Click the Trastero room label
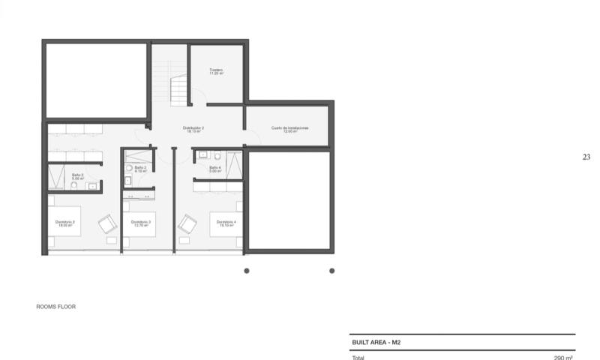(217, 70)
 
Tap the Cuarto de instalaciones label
(289, 127)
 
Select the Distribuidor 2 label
(193, 127)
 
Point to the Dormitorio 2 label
(65, 222)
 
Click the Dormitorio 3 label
(141, 222)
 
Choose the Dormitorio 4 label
(223, 222)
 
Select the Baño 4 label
(214, 167)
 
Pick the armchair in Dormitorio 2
(108, 223)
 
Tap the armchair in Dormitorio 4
(187, 223)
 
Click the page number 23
(586, 157)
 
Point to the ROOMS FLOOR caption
(56, 307)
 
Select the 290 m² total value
(563, 357)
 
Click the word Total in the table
(358, 357)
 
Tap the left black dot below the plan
(246, 271)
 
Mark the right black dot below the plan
(331, 271)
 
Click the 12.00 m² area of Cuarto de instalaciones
(289, 132)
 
